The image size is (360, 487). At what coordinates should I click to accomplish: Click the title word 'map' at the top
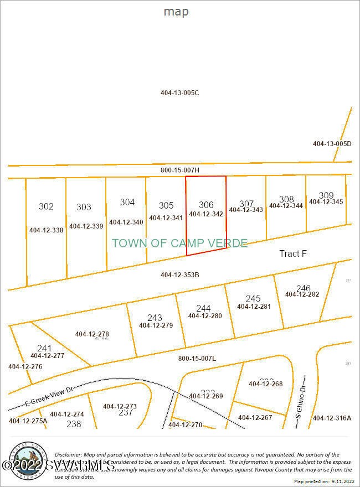click(x=176, y=12)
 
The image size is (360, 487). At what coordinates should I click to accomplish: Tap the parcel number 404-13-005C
click(x=179, y=93)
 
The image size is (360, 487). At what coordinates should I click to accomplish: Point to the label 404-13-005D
click(x=332, y=144)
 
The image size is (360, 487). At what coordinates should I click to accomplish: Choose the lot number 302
click(x=46, y=206)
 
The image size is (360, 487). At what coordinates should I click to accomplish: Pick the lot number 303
click(x=84, y=207)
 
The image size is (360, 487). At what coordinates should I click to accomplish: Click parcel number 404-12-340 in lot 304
click(x=126, y=222)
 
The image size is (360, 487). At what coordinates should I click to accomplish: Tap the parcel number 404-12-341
click(x=166, y=218)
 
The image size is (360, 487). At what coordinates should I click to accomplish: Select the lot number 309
click(x=326, y=195)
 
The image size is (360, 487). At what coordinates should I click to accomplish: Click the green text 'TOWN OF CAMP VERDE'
click(x=179, y=244)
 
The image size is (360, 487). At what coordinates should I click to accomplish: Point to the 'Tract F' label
click(x=293, y=253)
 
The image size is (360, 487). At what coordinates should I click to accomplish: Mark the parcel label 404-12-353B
click(x=179, y=275)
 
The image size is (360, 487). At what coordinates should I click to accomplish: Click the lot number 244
click(x=203, y=308)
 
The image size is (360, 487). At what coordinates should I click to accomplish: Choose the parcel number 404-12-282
click(x=302, y=294)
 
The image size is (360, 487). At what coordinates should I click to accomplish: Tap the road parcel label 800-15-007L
click(x=197, y=359)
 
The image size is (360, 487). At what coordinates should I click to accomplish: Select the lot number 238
click(x=74, y=424)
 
